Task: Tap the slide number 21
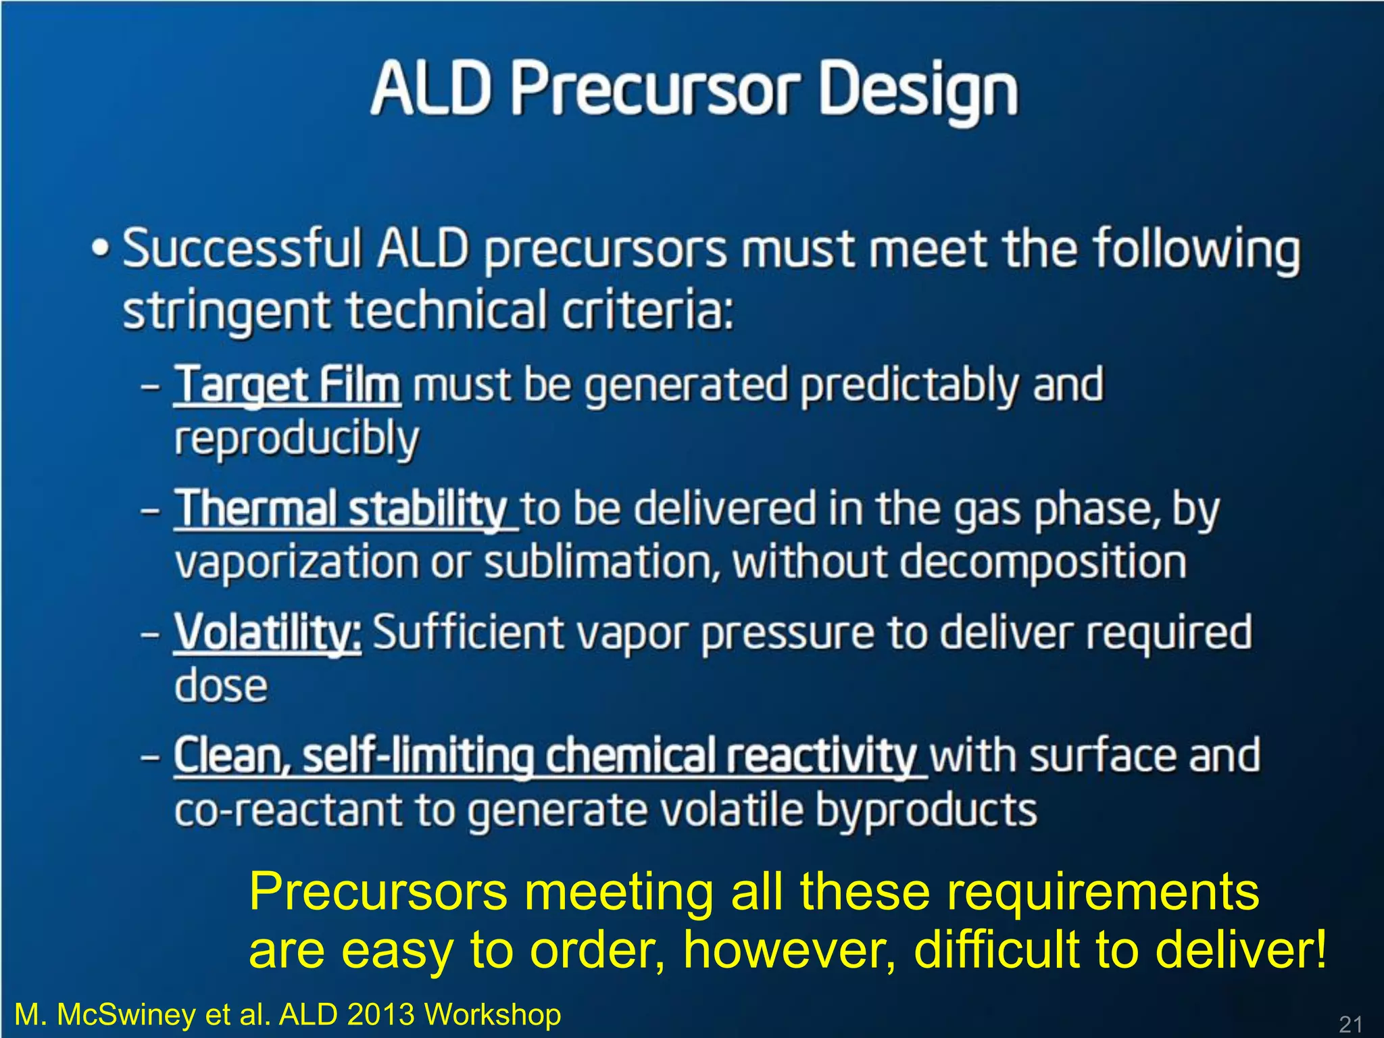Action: coord(1350,1024)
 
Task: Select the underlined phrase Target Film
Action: coord(288,385)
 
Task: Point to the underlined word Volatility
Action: coord(268,633)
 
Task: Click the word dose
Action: coord(221,687)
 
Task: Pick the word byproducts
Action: coord(925,811)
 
